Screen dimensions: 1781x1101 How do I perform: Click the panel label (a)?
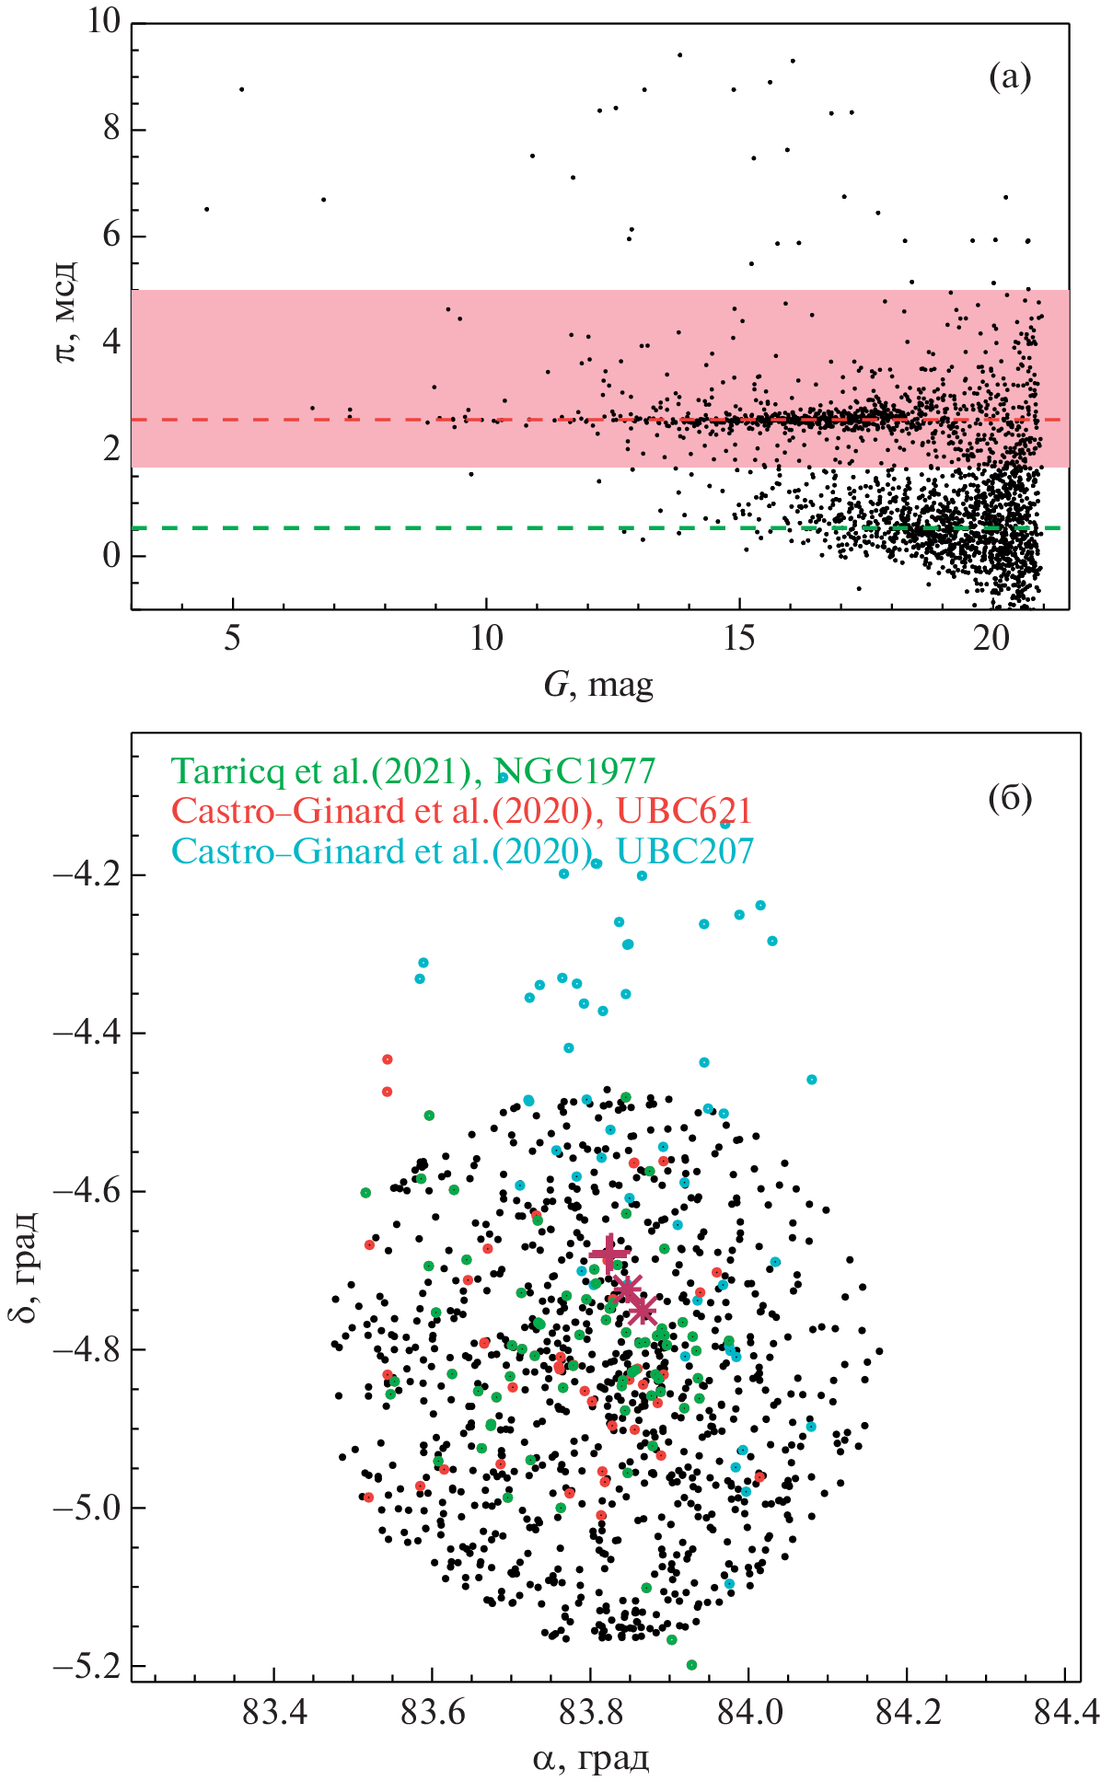click(x=1010, y=77)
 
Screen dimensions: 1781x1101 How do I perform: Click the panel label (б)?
click(x=1010, y=798)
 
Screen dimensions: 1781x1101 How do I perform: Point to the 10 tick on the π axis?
click(x=104, y=21)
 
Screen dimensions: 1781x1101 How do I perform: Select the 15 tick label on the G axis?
click(x=738, y=638)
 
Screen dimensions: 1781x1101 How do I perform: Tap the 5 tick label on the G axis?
click(x=232, y=638)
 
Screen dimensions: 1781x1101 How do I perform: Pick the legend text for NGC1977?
click(x=413, y=770)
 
